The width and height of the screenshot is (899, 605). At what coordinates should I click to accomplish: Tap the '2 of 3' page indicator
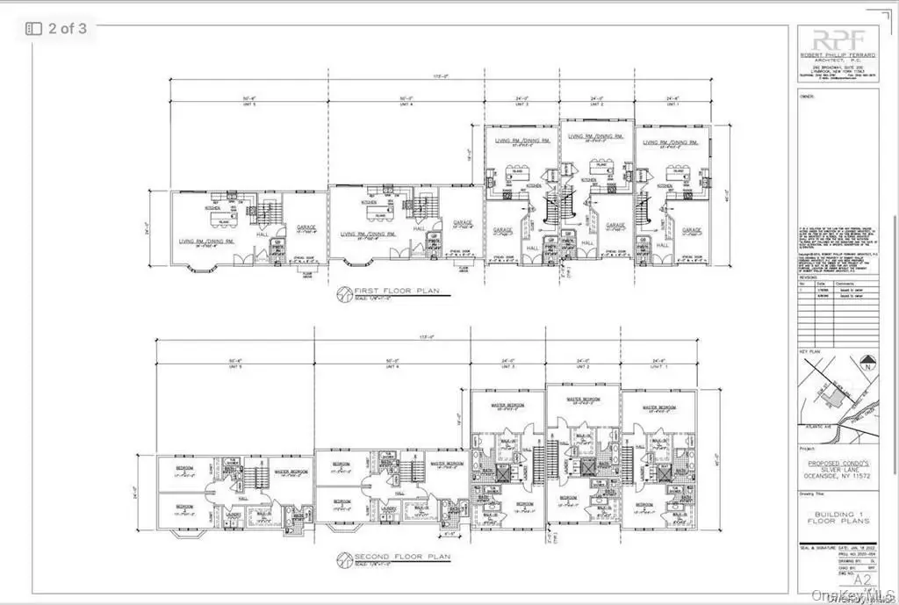[57, 28]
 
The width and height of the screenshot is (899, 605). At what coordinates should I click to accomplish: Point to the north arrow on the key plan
[867, 361]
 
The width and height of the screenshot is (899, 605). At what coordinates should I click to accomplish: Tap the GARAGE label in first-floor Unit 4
[461, 224]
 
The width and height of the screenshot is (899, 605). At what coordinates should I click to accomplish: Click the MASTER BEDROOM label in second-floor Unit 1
[658, 407]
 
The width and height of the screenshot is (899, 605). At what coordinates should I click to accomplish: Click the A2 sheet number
[865, 580]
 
